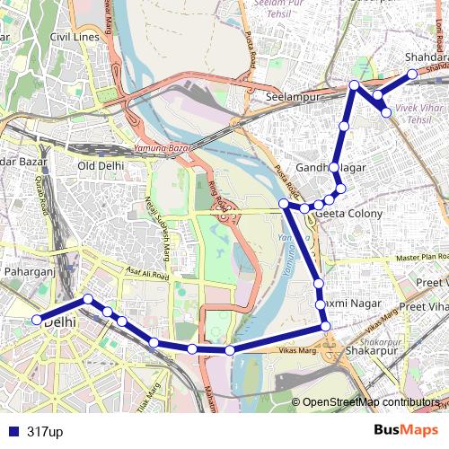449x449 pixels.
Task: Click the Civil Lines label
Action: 75,37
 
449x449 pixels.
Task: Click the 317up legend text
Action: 45,432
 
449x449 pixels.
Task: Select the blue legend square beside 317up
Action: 12,432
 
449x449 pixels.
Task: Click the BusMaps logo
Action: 406,431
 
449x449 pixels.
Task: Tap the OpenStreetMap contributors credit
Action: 371,403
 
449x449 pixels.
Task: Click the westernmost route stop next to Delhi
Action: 38,320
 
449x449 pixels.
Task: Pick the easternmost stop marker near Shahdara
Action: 412,75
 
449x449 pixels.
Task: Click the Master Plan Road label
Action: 407,260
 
